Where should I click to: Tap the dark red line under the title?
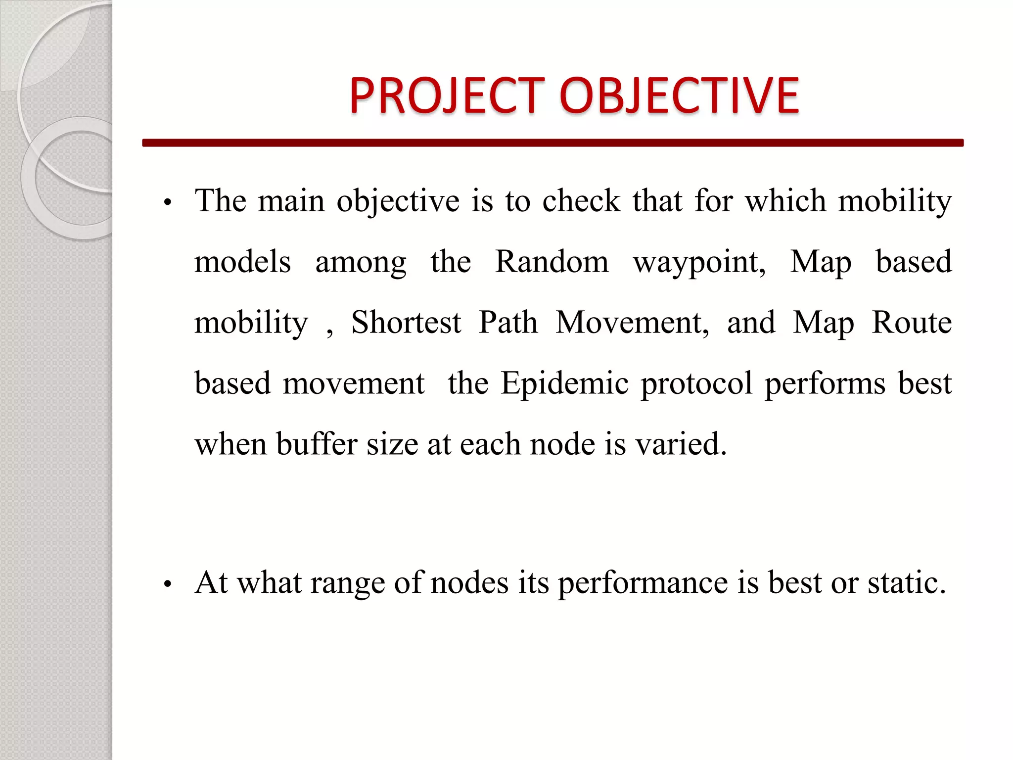pos(553,142)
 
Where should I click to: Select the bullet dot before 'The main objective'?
pos(168,202)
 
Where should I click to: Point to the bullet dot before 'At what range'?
pos(168,584)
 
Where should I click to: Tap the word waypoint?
pos(699,262)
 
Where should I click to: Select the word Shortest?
pos(406,322)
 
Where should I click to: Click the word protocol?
pos(696,384)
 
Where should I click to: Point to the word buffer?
pos(317,443)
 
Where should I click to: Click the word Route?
pos(911,322)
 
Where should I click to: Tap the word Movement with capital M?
pos(632,322)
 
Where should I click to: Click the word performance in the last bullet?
pos(643,583)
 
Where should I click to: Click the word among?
pos(361,262)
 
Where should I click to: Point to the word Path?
pos(508,322)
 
